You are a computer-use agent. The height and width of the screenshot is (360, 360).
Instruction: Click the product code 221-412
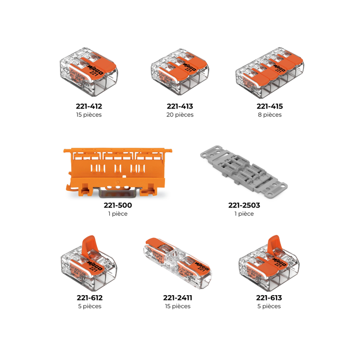(89, 107)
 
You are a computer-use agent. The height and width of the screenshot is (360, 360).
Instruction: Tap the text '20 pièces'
(180, 115)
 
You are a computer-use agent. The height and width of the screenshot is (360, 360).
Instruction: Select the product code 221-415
(270, 107)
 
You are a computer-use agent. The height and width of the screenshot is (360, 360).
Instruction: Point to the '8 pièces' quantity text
(270, 115)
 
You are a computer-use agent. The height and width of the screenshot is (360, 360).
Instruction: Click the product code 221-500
(118, 205)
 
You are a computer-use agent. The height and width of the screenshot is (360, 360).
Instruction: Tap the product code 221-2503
(244, 205)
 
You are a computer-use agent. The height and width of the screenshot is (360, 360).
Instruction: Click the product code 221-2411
(178, 298)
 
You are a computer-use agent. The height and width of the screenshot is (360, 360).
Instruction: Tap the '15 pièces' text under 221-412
(89, 115)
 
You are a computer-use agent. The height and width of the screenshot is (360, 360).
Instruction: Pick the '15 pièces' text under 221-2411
(178, 306)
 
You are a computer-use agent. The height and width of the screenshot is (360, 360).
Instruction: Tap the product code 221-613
(269, 298)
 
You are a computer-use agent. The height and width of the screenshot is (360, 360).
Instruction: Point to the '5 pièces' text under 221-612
(89, 306)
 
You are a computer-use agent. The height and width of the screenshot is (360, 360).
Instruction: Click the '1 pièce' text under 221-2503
(244, 214)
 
